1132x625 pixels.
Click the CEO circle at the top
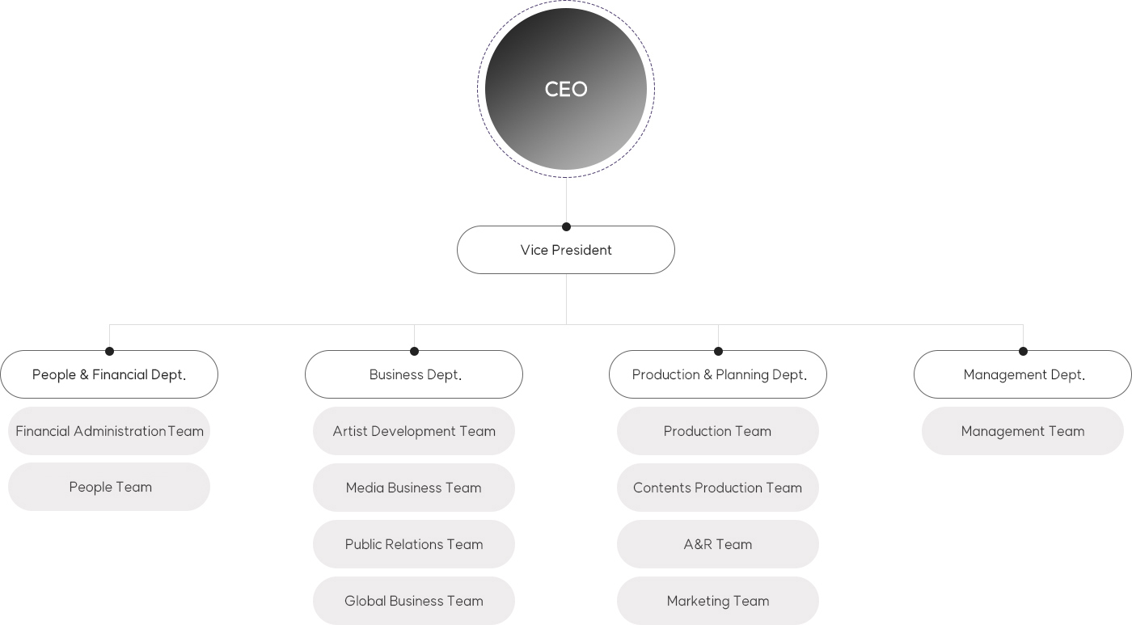tap(566, 89)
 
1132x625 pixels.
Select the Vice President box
tap(566, 250)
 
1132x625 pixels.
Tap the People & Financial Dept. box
tap(109, 374)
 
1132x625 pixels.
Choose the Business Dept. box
tap(414, 374)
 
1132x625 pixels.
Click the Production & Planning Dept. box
tap(718, 374)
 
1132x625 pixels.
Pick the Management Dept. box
tap(1023, 374)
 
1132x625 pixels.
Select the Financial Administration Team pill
tap(109, 431)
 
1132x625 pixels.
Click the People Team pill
tap(109, 487)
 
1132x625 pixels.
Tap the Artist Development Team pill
tap(414, 431)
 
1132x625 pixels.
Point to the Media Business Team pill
tap(414, 488)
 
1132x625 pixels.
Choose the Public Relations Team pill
tap(414, 544)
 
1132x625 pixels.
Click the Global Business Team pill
tap(414, 601)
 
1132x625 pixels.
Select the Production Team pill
tap(718, 431)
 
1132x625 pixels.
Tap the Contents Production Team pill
tap(718, 488)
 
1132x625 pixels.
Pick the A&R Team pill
tap(718, 544)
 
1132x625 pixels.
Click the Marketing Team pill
tap(718, 601)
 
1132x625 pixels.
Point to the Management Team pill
tap(1023, 431)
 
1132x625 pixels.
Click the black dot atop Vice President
tap(567, 227)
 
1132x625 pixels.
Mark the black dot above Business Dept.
tap(414, 351)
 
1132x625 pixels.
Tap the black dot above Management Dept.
tap(1024, 351)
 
